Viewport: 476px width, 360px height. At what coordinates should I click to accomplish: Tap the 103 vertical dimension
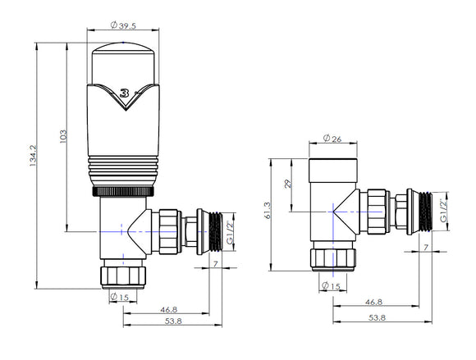(x=64, y=136)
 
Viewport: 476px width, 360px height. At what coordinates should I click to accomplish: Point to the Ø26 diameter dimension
(x=332, y=139)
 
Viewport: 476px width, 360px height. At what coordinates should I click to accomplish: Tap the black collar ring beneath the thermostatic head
(x=121, y=190)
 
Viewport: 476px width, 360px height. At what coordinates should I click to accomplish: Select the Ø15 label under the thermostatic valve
(x=121, y=297)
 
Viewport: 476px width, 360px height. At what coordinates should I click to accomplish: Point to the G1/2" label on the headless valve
(x=444, y=210)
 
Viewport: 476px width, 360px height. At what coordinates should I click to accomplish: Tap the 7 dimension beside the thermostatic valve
(x=215, y=263)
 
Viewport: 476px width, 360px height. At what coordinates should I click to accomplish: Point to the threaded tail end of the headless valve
(x=426, y=210)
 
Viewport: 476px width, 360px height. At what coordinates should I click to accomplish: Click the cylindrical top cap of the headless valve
(x=332, y=171)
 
